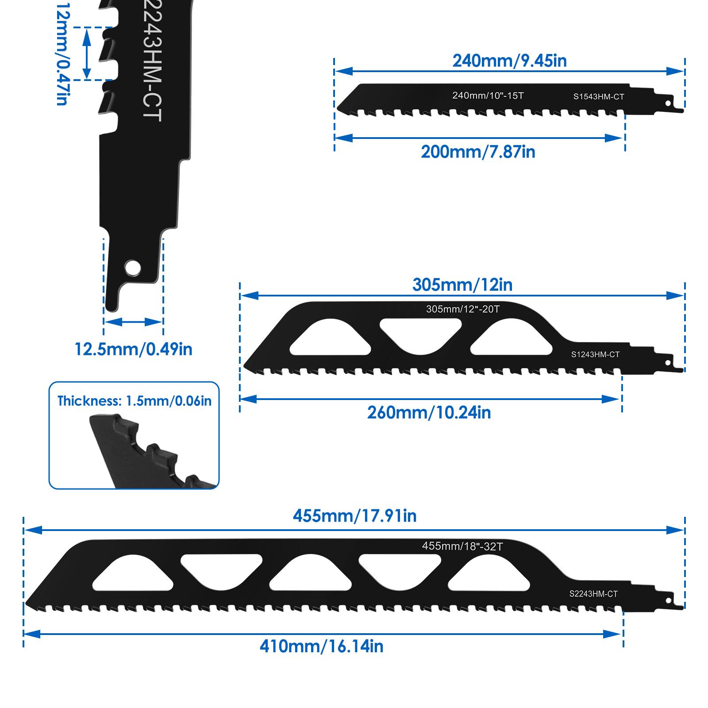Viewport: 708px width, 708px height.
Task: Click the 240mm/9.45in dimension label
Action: pyautogui.click(x=509, y=61)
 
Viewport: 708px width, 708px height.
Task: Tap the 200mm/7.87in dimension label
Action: pyautogui.click(x=478, y=152)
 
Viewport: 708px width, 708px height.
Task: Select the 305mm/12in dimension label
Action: pyautogui.click(x=462, y=285)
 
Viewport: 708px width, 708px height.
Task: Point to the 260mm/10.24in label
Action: pyautogui.click(x=429, y=412)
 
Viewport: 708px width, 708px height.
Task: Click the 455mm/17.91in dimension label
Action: pyautogui.click(x=354, y=516)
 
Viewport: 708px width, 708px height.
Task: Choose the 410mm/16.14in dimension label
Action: pyautogui.click(x=321, y=646)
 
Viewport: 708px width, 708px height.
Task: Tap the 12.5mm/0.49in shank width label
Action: pyautogui.click(x=133, y=349)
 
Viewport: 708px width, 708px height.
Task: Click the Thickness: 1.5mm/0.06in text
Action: pyautogui.click(x=135, y=401)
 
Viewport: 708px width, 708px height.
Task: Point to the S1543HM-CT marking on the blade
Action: pyautogui.click(x=598, y=96)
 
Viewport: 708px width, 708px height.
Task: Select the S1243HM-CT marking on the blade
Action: pyautogui.click(x=595, y=354)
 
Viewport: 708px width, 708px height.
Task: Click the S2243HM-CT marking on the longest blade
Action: pyautogui.click(x=593, y=594)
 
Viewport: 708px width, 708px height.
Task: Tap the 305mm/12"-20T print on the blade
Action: pyautogui.click(x=462, y=309)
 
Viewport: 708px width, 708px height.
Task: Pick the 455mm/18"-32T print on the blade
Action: pyautogui.click(x=462, y=546)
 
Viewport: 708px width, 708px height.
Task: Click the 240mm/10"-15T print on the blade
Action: pyautogui.click(x=488, y=95)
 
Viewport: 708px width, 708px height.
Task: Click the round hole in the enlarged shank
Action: pyautogui.click(x=132, y=268)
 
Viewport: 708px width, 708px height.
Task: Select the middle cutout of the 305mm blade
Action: pyautogui.click(x=420, y=335)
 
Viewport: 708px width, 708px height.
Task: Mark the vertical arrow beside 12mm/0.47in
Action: pyautogui.click(x=87, y=54)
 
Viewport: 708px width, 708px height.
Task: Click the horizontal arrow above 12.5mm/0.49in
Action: pyautogui.click(x=134, y=322)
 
